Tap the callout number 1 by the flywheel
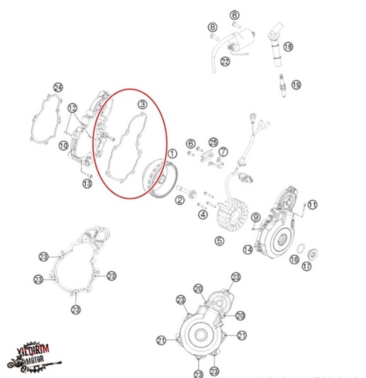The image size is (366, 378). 172,154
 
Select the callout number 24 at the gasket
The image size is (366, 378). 58,87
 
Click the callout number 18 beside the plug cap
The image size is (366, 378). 288,47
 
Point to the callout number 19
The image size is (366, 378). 296,85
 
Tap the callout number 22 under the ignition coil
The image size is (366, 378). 225,61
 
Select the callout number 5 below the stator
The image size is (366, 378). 220,241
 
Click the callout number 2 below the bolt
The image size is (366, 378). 180,200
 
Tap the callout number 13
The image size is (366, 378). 87,183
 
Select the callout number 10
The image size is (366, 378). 63,145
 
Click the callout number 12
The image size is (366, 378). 72,108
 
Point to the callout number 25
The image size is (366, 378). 213,142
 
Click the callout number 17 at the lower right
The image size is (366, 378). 306,266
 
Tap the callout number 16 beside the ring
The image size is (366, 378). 294,259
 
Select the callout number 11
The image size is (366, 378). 312,205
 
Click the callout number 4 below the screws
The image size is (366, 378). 203,215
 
